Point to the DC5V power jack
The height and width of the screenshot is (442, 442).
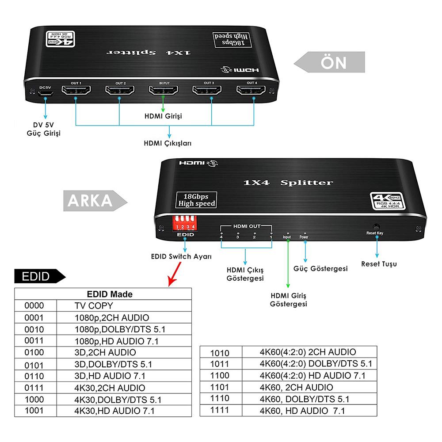[46, 94]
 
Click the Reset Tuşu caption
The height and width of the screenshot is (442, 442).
[379, 264]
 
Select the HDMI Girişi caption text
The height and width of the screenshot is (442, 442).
[164, 116]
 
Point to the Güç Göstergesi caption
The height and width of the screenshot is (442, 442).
[320, 268]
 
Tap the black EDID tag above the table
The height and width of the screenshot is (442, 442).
[39, 277]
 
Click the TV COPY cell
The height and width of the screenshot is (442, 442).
[94, 305]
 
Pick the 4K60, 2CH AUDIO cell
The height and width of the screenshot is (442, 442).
[296, 387]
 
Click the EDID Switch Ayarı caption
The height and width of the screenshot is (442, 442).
[181, 256]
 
